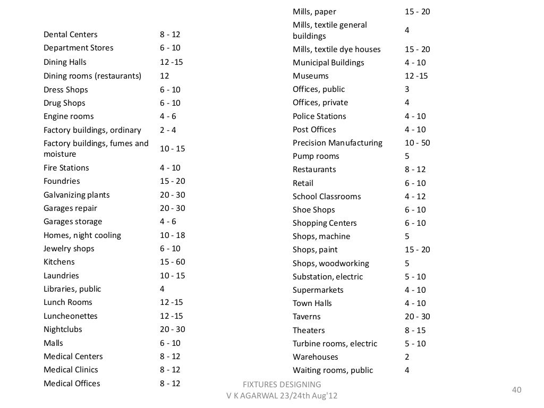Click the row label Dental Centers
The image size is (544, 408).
tap(70, 35)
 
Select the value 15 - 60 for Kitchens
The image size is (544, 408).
tap(172, 262)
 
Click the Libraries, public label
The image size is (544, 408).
tap(72, 289)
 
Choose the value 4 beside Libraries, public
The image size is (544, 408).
tap(162, 289)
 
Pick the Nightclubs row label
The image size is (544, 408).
tap(63, 329)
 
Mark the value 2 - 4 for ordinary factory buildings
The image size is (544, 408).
tap(168, 130)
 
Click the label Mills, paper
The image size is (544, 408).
tap(314, 12)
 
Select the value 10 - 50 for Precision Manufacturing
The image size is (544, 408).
tap(417, 143)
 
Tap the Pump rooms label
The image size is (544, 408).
tap(316, 156)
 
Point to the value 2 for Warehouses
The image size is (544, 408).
tap(407, 357)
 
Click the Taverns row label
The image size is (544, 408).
tap(307, 317)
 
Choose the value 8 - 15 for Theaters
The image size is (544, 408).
tap(415, 330)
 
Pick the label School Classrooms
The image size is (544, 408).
tap(326, 197)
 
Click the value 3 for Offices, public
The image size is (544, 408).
tap(407, 89)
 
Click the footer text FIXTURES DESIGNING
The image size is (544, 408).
tap(281, 384)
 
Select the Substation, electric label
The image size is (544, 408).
tap(327, 277)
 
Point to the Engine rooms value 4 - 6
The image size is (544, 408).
tap(168, 116)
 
